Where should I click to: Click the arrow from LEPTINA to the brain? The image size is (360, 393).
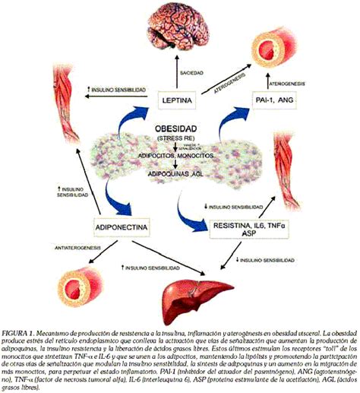click(180, 76)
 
